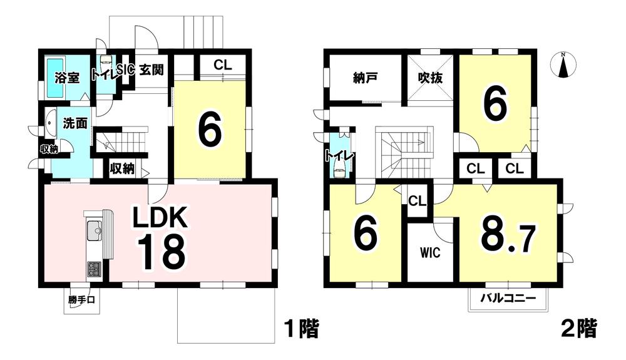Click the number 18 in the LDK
coord(161,252)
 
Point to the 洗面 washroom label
coord(74,123)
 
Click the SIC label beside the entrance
coord(125,70)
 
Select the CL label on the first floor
coord(221,64)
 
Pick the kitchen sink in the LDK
coord(95,232)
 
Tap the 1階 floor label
coord(300,328)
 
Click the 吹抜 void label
coord(431,78)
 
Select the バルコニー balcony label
coord(508,299)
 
